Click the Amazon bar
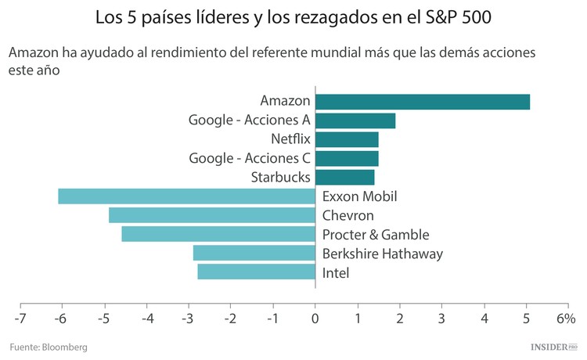(x=423, y=102)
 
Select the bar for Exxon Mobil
(x=186, y=196)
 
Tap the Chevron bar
(x=211, y=215)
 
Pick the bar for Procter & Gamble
(x=218, y=234)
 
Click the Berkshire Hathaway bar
(x=254, y=253)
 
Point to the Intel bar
(x=256, y=272)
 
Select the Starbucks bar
(x=344, y=178)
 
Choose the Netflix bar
(x=347, y=139)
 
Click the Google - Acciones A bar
(x=355, y=121)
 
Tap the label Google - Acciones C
(x=250, y=158)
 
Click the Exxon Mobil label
(x=359, y=196)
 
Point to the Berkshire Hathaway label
(x=383, y=254)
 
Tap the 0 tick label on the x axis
(x=315, y=319)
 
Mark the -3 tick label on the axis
(x=187, y=319)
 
